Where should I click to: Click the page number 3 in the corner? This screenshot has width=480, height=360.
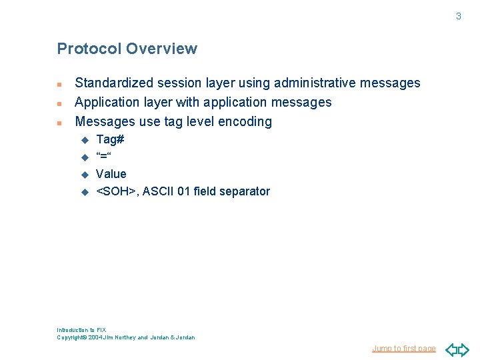coord(458,16)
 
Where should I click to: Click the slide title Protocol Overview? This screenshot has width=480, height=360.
coord(127,49)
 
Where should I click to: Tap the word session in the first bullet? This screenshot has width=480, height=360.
coord(178,83)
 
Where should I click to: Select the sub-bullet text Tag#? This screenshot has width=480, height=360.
coord(110,139)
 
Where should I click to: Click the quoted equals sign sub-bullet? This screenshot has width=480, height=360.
coord(103,157)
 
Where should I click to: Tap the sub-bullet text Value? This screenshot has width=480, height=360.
coord(111,174)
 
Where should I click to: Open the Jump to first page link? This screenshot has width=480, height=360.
coord(403,348)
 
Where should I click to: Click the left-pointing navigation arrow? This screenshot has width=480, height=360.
coord(451,349)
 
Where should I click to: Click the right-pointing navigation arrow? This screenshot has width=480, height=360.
coord(464,349)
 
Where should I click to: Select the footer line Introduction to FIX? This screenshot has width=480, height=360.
coord(81,330)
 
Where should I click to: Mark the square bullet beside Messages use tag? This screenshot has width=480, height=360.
coord(59,123)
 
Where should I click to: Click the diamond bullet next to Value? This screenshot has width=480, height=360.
coord(85,175)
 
